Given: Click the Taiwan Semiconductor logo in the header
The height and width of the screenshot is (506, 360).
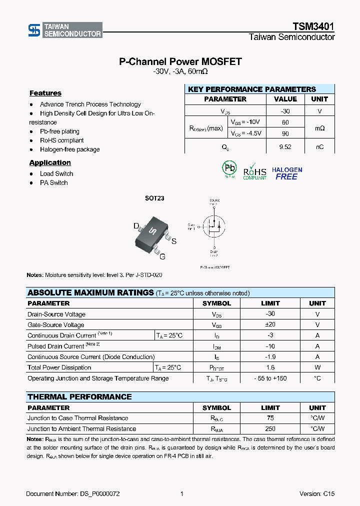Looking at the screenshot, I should [65, 30].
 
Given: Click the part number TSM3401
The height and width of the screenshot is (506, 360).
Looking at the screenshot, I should [313, 27].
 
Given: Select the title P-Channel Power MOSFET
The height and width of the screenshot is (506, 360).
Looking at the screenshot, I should [180, 61].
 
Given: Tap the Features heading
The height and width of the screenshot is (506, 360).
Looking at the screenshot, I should [45, 93].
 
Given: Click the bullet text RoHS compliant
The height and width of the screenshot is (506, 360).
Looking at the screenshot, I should [61, 140].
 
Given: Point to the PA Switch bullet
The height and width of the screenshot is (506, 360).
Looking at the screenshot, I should [53, 182].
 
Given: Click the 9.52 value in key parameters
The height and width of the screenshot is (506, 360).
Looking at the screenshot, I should [285, 147].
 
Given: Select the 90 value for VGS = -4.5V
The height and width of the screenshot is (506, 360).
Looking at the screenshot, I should [285, 133].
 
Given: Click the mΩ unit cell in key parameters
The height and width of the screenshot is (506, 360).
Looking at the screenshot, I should [319, 128].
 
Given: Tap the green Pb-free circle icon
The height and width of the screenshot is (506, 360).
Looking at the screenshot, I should [229, 169].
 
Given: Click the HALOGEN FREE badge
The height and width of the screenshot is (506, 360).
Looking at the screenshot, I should [287, 173].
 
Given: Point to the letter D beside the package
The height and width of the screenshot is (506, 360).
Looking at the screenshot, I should [135, 226].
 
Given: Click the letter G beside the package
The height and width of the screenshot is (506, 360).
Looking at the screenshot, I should [162, 257].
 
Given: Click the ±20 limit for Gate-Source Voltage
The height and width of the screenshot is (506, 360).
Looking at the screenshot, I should [270, 325].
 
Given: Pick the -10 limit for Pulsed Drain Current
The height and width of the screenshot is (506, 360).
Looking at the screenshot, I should [270, 346].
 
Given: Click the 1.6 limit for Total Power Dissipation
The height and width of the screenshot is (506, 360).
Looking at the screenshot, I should [270, 367].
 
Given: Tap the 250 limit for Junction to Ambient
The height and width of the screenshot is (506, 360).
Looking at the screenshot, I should [270, 429].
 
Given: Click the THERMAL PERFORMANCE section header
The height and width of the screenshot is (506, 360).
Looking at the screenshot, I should [79, 397].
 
